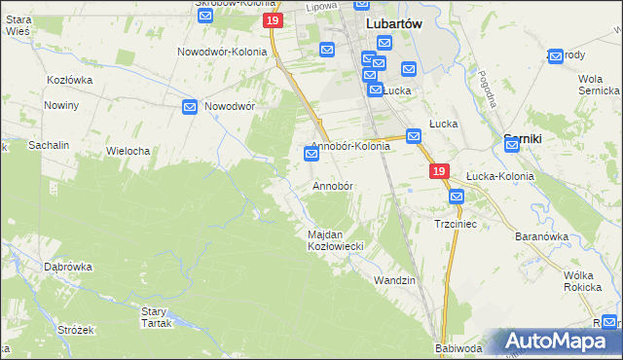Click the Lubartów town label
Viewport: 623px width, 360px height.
tap(392, 23)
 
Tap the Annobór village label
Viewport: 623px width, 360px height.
tap(332, 185)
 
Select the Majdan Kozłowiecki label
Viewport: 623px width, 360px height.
tap(335, 240)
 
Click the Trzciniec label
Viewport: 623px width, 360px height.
tap(454, 224)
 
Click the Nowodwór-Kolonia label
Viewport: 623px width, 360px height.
tap(221, 52)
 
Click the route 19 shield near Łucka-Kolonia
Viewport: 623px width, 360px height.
tap(439, 171)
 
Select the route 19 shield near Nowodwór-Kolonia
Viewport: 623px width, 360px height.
tap(274, 20)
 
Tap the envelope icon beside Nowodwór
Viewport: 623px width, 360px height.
tap(191, 106)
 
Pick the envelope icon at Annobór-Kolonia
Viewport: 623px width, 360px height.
tap(311, 154)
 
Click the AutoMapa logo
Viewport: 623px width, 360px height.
tap(556, 341)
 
